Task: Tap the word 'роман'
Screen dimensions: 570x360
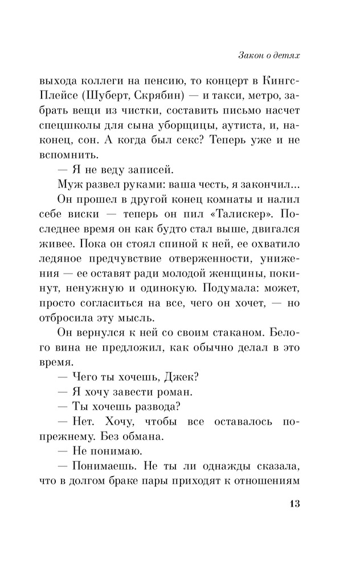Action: coord(169,392)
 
